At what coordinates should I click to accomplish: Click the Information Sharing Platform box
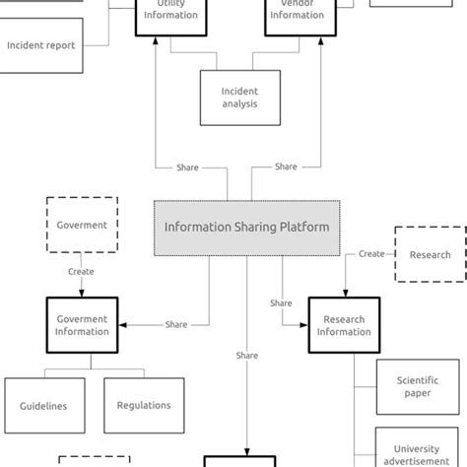click(x=246, y=227)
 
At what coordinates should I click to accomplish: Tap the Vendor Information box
click(x=297, y=14)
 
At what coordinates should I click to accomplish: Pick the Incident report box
click(x=41, y=45)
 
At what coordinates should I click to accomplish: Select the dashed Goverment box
click(x=82, y=225)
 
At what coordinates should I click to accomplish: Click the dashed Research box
click(x=430, y=254)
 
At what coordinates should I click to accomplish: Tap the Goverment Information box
click(x=82, y=325)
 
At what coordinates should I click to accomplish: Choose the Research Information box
click(x=344, y=325)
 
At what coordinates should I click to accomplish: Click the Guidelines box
click(x=43, y=405)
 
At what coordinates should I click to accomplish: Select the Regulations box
click(x=144, y=405)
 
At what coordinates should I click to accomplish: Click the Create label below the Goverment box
click(x=82, y=272)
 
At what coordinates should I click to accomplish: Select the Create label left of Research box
click(x=371, y=254)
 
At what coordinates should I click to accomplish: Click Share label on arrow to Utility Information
click(x=187, y=167)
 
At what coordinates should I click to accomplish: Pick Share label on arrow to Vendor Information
click(x=286, y=167)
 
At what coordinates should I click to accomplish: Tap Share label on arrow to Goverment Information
click(x=176, y=324)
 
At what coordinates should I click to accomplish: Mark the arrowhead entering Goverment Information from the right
click(x=122, y=324)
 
